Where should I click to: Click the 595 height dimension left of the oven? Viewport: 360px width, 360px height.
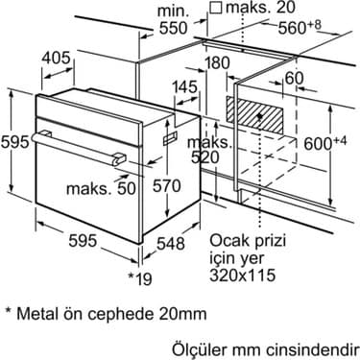(x=12, y=143)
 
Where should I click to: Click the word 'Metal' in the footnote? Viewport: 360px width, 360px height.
(x=39, y=314)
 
